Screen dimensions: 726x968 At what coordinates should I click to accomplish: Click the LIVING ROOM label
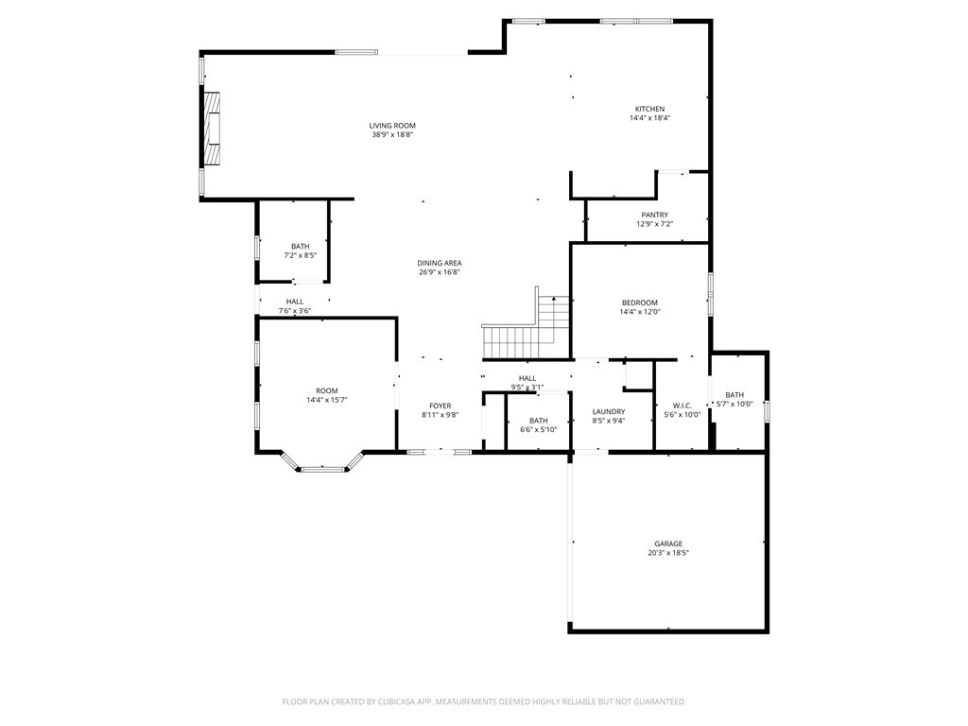point(392,126)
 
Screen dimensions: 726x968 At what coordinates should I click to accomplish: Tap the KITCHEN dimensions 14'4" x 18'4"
point(649,118)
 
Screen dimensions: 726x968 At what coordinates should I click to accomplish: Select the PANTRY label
point(654,216)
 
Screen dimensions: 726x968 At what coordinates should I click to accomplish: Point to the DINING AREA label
point(440,263)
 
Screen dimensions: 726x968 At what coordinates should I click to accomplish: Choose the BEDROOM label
point(639,302)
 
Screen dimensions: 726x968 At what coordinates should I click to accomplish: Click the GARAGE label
point(668,544)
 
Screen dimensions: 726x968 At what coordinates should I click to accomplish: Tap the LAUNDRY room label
point(609,411)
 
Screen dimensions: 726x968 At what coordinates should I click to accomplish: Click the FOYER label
point(441,406)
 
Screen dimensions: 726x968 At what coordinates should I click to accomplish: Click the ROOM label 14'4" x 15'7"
point(327,390)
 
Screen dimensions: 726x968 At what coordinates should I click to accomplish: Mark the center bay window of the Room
point(323,468)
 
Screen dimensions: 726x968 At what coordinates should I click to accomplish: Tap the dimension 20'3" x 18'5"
point(668,553)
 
